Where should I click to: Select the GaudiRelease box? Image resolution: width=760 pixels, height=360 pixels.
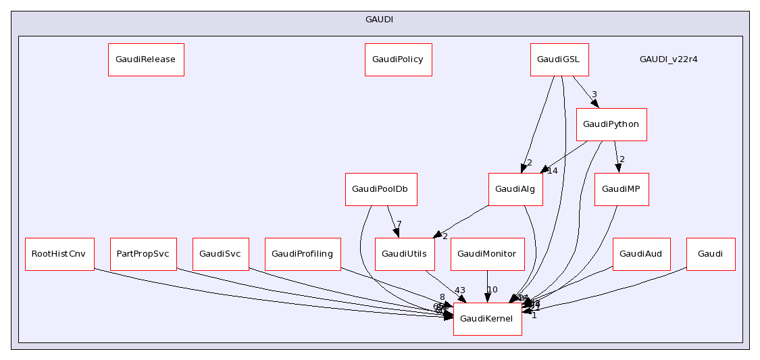tap(146, 59)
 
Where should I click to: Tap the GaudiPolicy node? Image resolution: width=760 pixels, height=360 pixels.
tap(398, 59)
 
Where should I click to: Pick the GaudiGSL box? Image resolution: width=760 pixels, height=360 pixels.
tap(559, 59)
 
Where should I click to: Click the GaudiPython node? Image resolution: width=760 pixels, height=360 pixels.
tap(611, 124)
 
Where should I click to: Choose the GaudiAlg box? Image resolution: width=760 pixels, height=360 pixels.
tap(515, 189)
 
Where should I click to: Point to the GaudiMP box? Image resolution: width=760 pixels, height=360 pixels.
tap(622, 189)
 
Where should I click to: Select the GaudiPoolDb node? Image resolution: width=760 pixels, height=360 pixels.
tap(381, 189)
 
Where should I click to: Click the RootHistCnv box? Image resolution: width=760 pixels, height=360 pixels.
tap(59, 254)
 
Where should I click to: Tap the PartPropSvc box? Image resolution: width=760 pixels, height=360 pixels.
tap(143, 254)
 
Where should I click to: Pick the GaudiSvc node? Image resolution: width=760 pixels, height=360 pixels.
tap(221, 254)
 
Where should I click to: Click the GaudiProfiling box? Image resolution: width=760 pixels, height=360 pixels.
tap(303, 254)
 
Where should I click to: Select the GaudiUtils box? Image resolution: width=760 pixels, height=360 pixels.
tap(404, 254)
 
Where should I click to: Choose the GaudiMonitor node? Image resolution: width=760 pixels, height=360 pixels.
tap(487, 254)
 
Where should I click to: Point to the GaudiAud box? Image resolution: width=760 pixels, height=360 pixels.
tap(641, 254)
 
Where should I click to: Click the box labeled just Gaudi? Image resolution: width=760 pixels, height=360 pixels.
tap(711, 254)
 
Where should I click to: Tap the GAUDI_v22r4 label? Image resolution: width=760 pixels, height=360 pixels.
tap(669, 59)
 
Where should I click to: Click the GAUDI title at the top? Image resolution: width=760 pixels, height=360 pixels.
tap(380, 20)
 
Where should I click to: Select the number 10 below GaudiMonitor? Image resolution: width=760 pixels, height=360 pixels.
tap(492, 290)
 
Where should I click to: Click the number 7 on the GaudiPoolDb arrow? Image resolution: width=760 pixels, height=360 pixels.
tap(399, 224)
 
